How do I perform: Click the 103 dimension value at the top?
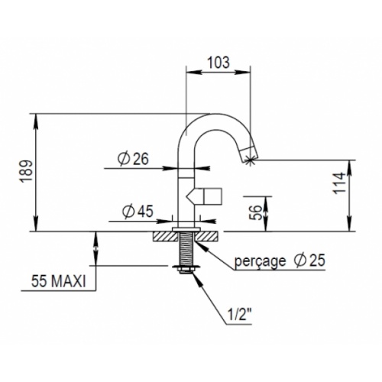pyautogui.click(x=219, y=63)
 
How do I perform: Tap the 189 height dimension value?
pyautogui.click(x=27, y=171)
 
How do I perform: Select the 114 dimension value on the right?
pyautogui.click(x=339, y=183)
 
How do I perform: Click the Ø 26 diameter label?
pyautogui.click(x=133, y=159)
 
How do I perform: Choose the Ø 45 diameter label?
pyautogui.click(x=138, y=211)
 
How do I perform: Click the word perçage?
pyautogui.click(x=260, y=261)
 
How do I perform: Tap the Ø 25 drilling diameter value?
pyautogui.click(x=309, y=260)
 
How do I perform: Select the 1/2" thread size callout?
pyautogui.click(x=236, y=316)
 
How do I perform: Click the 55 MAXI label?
pyautogui.click(x=59, y=282)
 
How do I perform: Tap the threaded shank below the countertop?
pyautogui.click(x=187, y=248)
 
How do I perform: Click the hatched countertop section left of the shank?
pyautogui.click(x=165, y=236)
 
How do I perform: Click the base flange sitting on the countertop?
pyautogui.click(x=186, y=229)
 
